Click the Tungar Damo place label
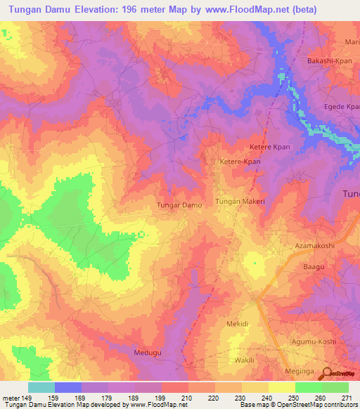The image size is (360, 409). coord(179,205)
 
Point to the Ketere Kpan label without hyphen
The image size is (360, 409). coord(270,147)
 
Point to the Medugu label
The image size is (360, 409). coord(148,351)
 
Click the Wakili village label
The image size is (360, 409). coord(243,359)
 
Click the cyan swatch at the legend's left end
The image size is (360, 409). coord(41,387)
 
